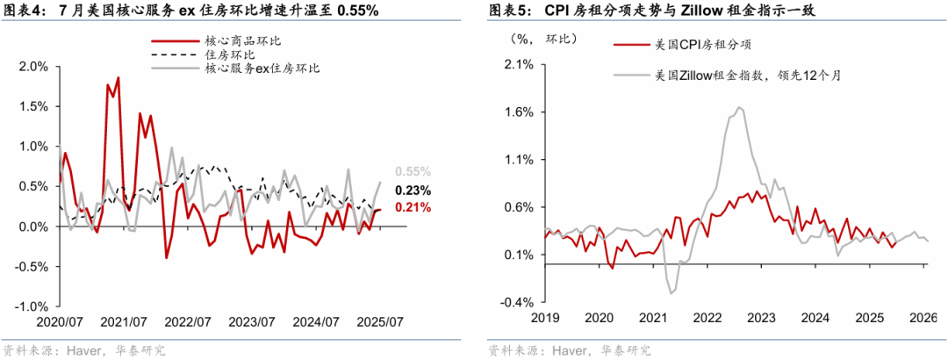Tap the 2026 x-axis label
click(x=924, y=317)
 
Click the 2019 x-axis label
click(x=545, y=317)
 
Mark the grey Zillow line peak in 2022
click(x=739, y=107)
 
